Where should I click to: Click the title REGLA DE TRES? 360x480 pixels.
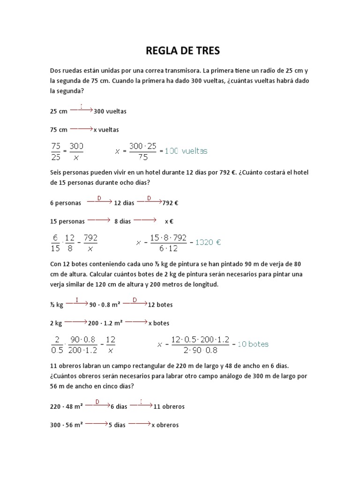click(x=180, y=50)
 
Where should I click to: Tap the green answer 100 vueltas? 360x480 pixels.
click(x=186, y=151)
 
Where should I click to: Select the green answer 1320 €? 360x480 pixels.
click(x=208, y=242)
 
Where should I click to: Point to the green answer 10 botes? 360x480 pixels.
click(x=253, y=344)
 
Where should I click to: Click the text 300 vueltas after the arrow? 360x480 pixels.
click(x=110, y=112)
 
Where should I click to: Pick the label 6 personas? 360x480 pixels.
click(x=65, y=203)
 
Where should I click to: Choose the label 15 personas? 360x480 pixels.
click(x=67, y=221)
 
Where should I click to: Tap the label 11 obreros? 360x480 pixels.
click(x=169, y=407)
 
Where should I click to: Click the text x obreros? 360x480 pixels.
click(x=165, y=425)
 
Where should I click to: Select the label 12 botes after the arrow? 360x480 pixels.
click(x=160, y=305)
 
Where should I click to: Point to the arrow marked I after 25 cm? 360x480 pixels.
click(x=82, y=109)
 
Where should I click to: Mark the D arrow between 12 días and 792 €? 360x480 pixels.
click(x=149, y=201)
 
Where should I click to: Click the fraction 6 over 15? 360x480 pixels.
click(x=55, y=242)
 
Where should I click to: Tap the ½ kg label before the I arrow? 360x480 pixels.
click(x=56, y=305)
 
